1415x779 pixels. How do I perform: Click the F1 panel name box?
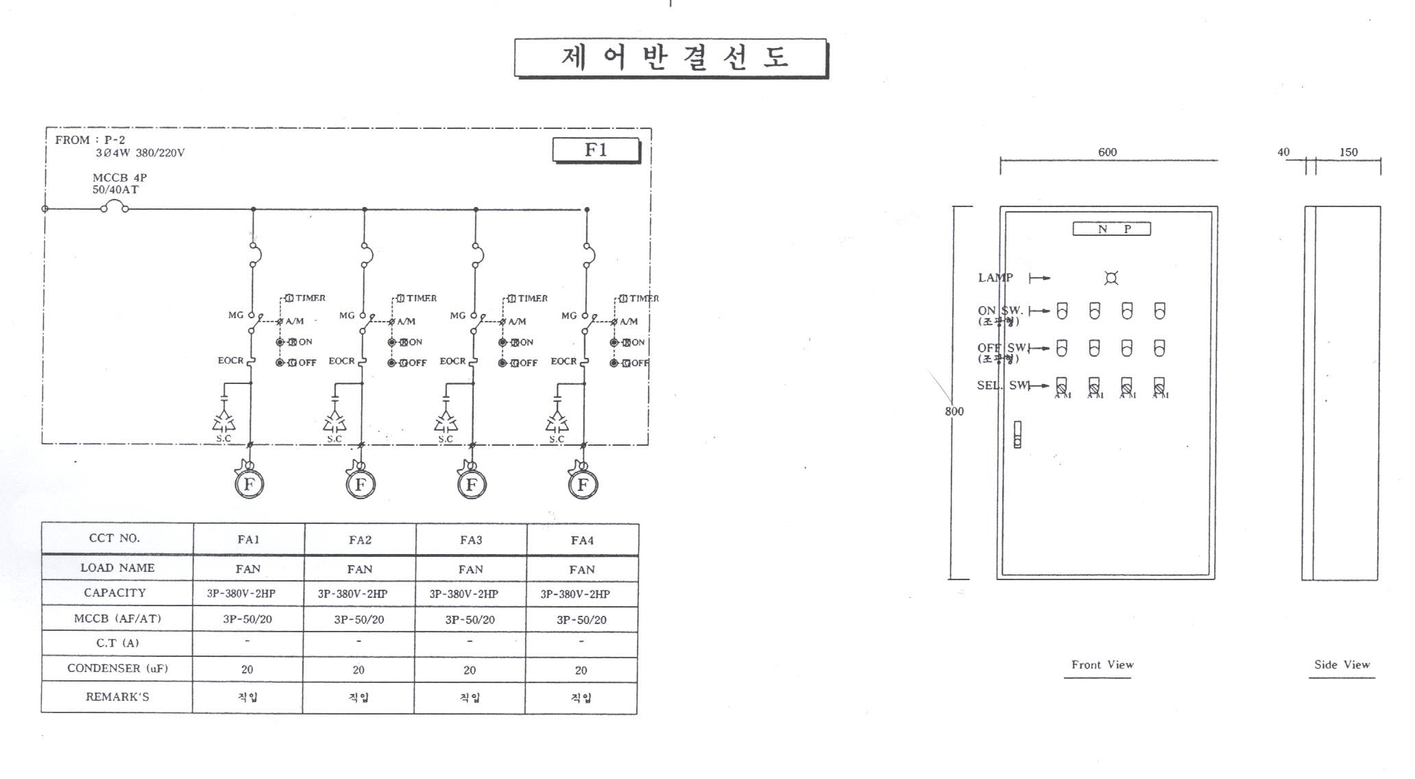tap(596, 150)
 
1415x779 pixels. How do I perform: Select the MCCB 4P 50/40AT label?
tap(119, 184)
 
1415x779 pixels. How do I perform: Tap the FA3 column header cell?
tap(471, 540)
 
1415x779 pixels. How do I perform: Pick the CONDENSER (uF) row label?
tap(117, 668)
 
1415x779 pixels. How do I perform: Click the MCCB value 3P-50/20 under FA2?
tap(359, 619)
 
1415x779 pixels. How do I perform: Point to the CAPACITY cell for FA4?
tap(581, 594)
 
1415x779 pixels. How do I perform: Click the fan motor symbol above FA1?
tap(249, 484)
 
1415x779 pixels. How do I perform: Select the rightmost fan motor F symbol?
tap(583, 485)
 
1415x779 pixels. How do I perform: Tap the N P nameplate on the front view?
tap(1111, 229)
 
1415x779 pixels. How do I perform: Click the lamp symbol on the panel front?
tap(1111, 278)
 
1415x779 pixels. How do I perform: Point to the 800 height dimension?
tap(954, 411)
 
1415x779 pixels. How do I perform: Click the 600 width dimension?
tap(1107, 152)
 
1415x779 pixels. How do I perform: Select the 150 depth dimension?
tap(1348, 152)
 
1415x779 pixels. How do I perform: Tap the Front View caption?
tap(1102, 664)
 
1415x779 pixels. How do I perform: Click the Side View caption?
tap(1342, 664)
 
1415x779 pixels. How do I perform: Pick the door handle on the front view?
tap(1017, 434)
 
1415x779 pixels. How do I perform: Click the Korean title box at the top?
tap(671, 58)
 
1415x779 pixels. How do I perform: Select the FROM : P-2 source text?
tap(90, 140)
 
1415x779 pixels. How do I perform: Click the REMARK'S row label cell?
tap(117, 697)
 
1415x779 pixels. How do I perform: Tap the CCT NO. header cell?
tap(114, 538)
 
